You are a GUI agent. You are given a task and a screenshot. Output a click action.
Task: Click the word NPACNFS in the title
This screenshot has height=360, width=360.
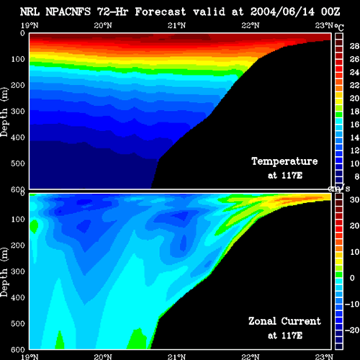[68, 12]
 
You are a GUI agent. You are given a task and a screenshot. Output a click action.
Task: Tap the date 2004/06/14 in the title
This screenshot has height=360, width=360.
[282, 12]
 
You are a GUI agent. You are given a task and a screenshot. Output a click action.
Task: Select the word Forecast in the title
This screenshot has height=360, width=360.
[161, 12]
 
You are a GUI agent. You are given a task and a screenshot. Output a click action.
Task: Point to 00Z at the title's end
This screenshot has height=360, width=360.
[330, 12]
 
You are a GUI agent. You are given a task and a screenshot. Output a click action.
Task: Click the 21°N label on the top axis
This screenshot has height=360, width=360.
[176, 25]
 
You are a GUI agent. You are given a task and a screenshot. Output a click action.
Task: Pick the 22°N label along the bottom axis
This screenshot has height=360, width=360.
[251, 356]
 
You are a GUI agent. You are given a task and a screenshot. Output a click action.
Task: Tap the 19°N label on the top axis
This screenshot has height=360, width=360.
[30, 25]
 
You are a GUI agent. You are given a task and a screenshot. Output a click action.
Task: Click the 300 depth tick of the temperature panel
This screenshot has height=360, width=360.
[18, 112]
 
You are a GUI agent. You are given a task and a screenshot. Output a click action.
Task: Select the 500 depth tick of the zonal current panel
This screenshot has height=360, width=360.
[18, 323]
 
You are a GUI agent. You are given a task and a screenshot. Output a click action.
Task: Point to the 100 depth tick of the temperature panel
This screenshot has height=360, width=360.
[18, 59]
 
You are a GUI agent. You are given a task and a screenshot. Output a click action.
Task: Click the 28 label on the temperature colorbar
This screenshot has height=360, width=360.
[354, 46]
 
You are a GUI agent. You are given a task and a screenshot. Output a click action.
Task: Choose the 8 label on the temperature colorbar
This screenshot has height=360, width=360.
[356, 176]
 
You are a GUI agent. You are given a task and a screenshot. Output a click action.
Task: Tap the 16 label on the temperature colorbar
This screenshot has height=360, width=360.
[354, 125]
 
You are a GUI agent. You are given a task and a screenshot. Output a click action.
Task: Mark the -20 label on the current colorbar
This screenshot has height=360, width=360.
[352, 330]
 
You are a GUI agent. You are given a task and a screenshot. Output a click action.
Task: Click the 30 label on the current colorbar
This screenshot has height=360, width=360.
[354, 199]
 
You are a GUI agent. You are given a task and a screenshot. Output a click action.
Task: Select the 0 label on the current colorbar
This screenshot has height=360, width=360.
[352, 278]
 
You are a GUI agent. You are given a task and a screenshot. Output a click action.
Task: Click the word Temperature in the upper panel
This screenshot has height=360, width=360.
[284, 161]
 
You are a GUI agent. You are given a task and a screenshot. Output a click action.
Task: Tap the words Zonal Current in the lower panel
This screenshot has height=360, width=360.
[284, 321]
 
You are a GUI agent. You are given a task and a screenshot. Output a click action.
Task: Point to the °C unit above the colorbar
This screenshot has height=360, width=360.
[339, 27]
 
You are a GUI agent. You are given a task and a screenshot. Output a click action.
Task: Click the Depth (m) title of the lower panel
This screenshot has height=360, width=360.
[4, 272]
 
